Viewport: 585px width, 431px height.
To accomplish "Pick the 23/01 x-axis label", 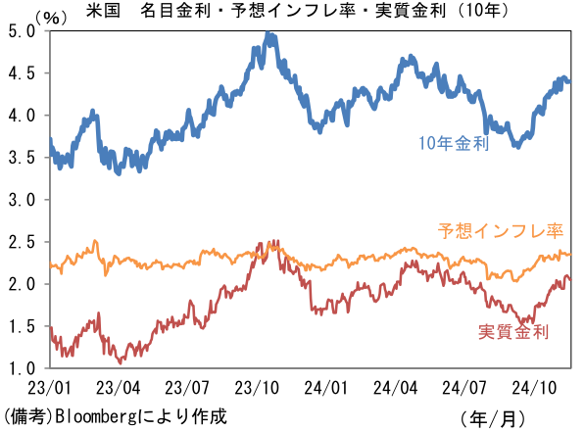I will pos(49,387).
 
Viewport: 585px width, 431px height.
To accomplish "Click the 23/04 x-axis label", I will pos(119,387).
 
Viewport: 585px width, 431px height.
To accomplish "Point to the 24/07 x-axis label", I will pos(473,387).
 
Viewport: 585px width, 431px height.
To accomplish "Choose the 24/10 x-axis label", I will pos(544,387).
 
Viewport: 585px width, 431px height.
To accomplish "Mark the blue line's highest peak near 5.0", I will pos(268,36).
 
